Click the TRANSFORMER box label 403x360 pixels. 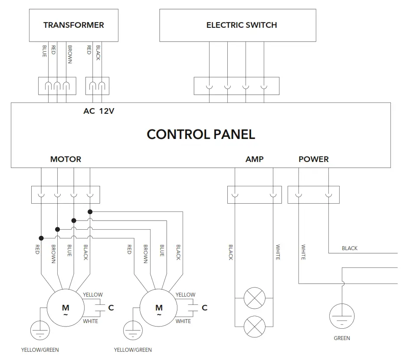coord(74,25)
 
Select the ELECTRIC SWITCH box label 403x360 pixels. coord(242,25)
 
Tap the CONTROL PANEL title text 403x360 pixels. coord(201,134)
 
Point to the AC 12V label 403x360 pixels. coord(99,111)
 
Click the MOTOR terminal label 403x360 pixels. coord(66,159)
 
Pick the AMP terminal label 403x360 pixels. coord(254,159)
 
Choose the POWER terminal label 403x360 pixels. coord(314,159)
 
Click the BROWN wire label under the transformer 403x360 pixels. coord(69,53)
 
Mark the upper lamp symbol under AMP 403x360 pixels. coord(254,298)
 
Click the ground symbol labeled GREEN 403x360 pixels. coord(342,317)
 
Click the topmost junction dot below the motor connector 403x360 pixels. coord(90,211)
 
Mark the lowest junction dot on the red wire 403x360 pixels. coord(41,238)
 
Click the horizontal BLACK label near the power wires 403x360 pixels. coord(350,248)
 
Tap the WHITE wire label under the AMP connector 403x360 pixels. coord(278,252)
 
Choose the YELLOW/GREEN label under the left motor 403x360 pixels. coord(40,350)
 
